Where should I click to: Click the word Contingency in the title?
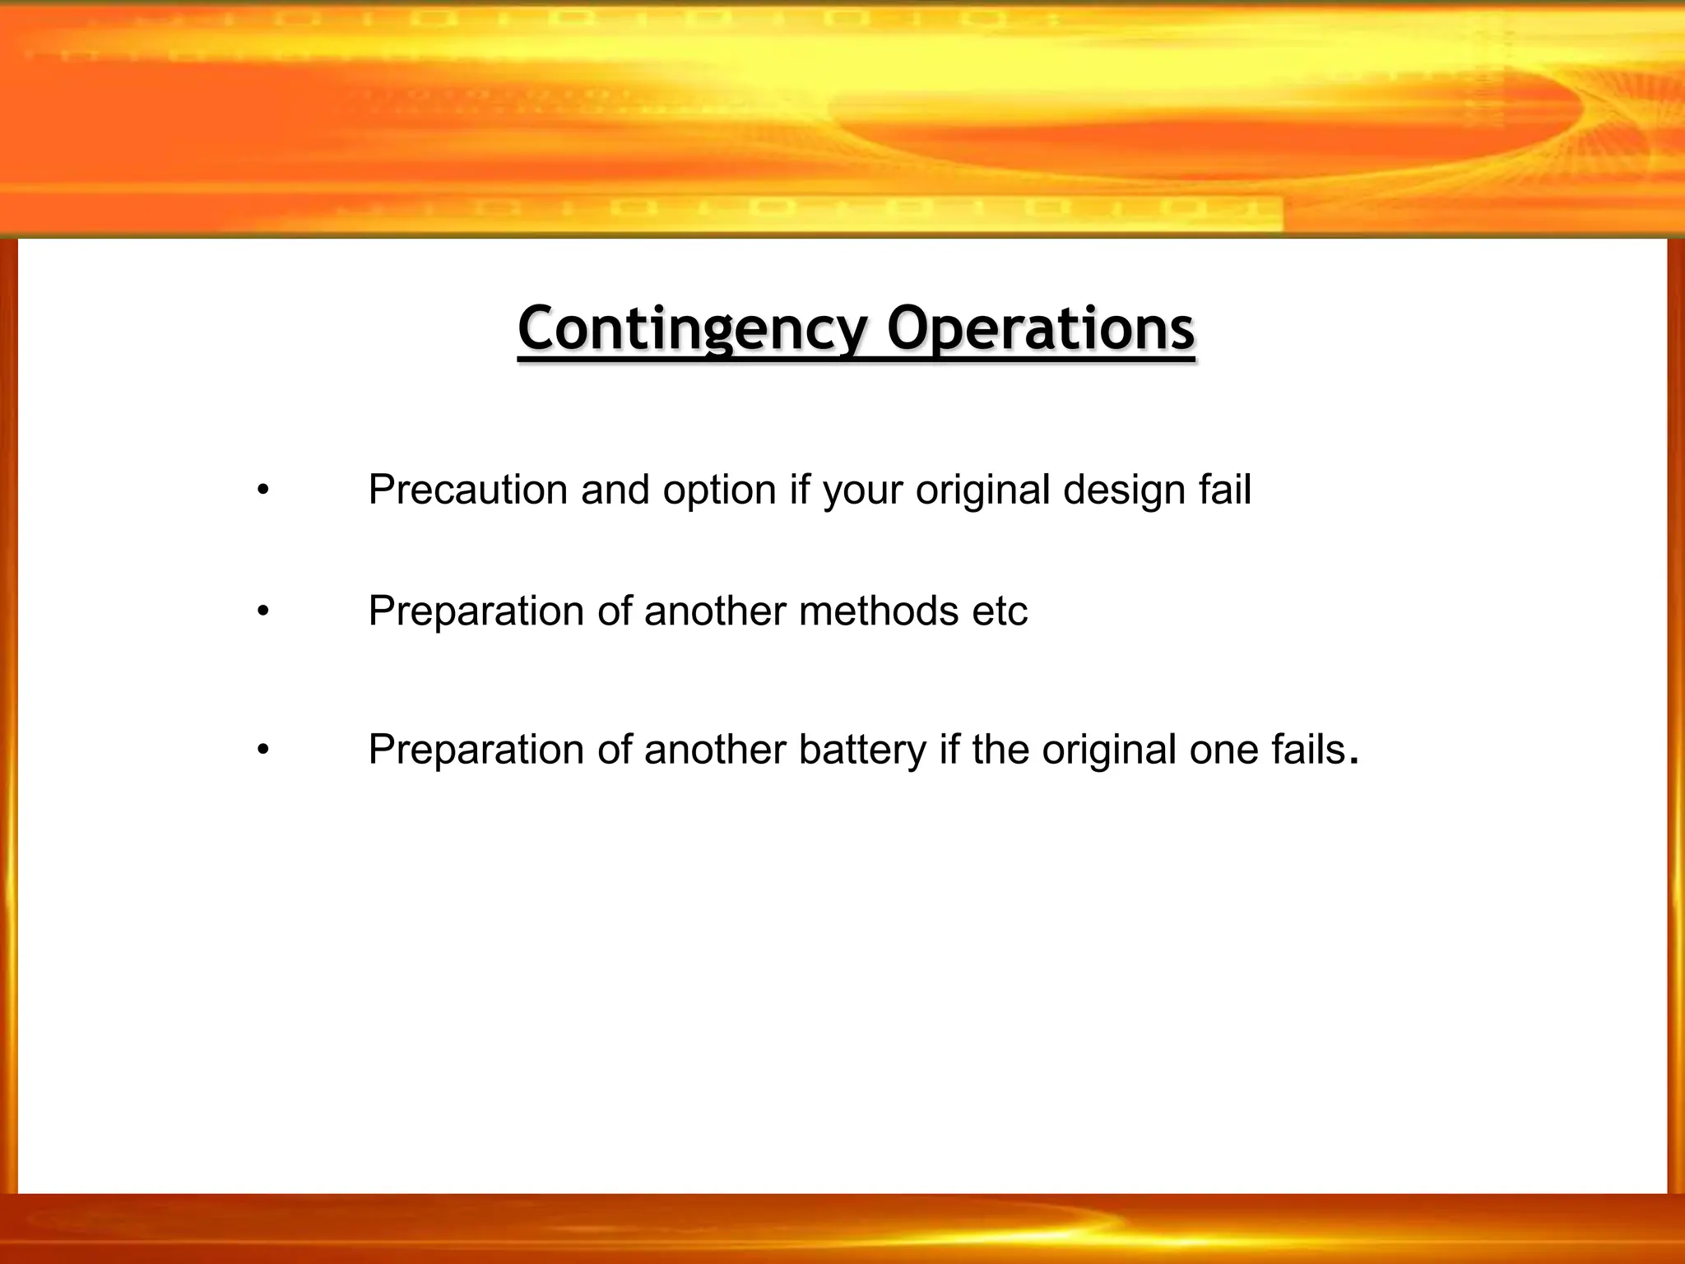[692, 328]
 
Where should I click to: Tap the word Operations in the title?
[1040, 328]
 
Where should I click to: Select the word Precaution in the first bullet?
[468, 490]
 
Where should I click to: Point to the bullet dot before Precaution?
[262, 491]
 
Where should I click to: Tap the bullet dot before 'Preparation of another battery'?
[262, 750]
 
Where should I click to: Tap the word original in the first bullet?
[983, 491]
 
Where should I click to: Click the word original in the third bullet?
[1109, 750]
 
